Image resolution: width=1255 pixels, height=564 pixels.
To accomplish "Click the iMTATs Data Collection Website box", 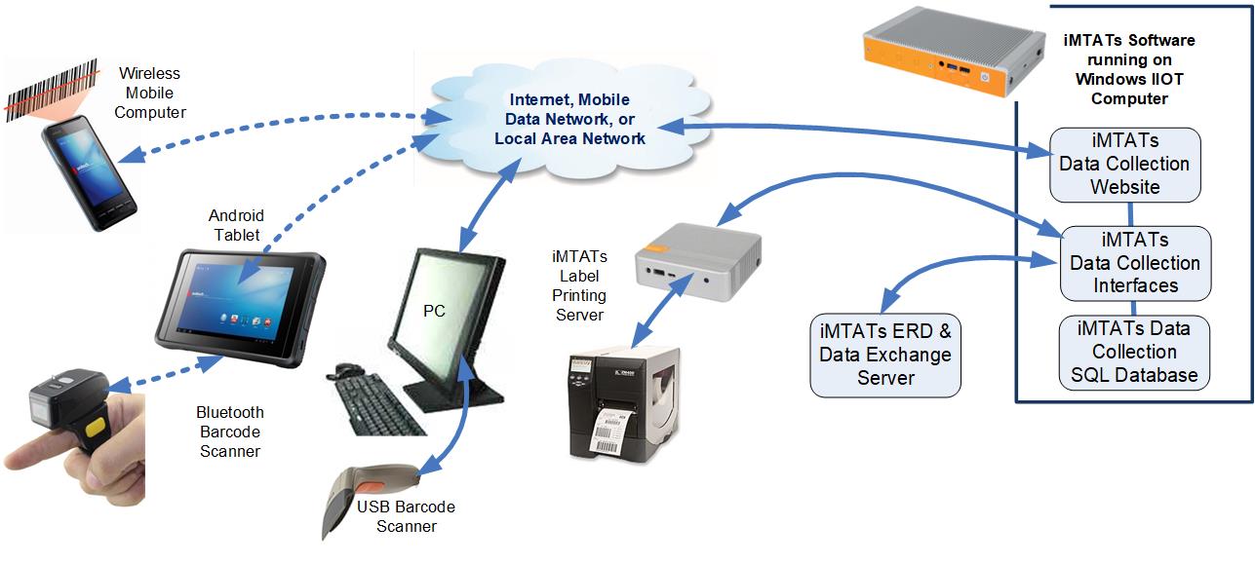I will coord(1124,164).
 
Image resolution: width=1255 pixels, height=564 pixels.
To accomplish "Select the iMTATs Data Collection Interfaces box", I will coord(1135,263).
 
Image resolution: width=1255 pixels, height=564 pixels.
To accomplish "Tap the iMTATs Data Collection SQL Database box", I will coord(1134,352).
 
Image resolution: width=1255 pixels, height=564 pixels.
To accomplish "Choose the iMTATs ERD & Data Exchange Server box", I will coord(884,355).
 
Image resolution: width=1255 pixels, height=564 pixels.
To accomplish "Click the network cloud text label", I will coord(569,119).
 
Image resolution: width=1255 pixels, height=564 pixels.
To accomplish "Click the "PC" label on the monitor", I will coord(435,311).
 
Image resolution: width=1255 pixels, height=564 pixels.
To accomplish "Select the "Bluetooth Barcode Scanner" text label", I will coord(230,432).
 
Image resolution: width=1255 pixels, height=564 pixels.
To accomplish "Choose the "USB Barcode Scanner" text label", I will coord(406,516).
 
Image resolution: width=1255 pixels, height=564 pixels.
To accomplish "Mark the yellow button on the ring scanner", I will coord(95,428).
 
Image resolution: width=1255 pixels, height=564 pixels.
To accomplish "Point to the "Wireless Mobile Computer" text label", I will coord(149,93).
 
